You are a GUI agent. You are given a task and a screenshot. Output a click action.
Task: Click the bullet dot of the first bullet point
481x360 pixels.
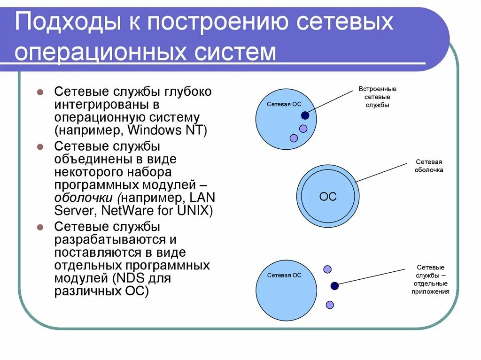[41, 92]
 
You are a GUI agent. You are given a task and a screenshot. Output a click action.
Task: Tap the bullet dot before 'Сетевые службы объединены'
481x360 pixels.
[41, 146]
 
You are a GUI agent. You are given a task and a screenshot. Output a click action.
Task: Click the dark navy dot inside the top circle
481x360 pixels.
[305, 115]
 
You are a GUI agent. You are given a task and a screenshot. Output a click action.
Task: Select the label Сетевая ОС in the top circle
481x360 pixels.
[284, 104]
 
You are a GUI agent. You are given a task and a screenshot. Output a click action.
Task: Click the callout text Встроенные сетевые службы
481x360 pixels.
[377, 97]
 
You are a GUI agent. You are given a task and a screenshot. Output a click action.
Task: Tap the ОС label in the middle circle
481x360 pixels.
[328, 197]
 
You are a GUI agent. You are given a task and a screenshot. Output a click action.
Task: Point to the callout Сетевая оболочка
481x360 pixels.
[428, 166]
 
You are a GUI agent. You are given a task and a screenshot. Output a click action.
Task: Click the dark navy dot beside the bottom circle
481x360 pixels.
[334, 285]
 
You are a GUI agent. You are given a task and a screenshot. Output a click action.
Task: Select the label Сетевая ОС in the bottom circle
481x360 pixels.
[284, 276]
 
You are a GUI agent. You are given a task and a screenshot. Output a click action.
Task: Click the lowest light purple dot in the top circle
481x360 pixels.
[294, 138]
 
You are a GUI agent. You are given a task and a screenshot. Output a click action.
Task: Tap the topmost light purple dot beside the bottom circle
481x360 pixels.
[327, 269]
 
